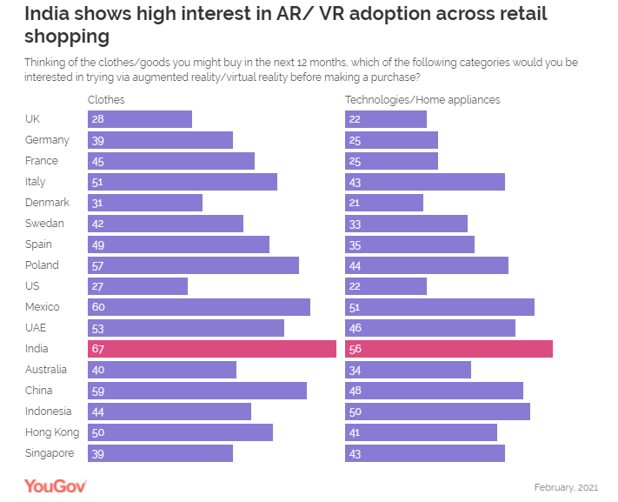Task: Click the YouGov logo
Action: pos(55,485)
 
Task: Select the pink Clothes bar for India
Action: pos(211,349)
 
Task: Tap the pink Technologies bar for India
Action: pos(449,349)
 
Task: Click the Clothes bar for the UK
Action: pos(139,119)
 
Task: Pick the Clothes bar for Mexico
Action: pos(198,307)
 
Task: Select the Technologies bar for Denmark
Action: pos(384,203)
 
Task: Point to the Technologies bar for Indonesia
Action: pos(437,412)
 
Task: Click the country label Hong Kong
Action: pos(52,432)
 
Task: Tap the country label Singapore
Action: pos(50,453)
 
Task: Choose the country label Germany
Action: pos(47,140)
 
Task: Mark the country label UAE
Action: pos(36,328)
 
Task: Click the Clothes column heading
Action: pos(106,100)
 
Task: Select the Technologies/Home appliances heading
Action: pos(422,100)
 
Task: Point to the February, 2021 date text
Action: pos(566,486)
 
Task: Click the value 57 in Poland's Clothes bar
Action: pos(96,265)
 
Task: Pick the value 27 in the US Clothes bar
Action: pos(96,286)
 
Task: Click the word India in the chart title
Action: pos(47,15)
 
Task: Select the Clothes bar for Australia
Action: pos(162,370)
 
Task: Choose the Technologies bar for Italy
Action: pos(425,182)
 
